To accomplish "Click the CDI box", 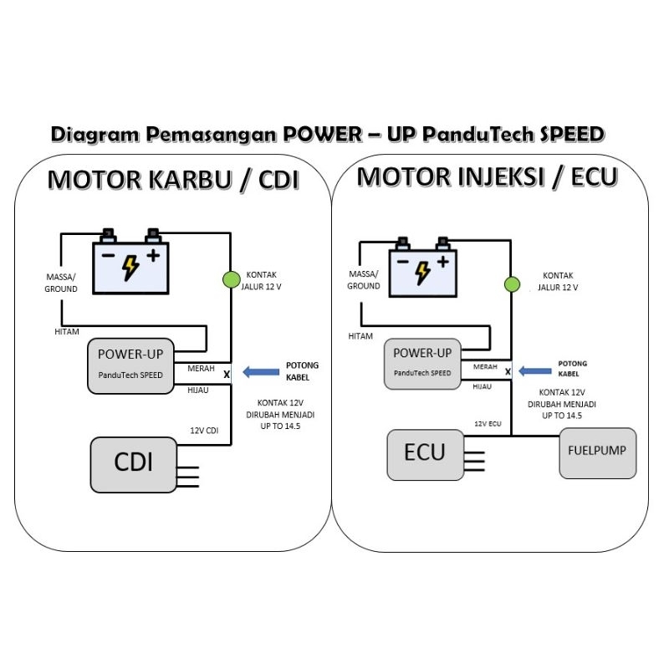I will tap(133, 462).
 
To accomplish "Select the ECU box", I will tap(425, 453).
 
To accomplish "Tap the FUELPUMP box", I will tap(598, 452).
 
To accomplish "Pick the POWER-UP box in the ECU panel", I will tap(422, 363).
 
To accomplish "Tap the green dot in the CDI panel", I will tap(231, 279).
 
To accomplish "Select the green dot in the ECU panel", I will tap(509, 285).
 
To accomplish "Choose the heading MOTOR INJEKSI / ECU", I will tap(488, 176).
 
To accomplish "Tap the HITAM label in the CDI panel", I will tap(66, 332).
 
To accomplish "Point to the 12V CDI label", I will tap(203, 431).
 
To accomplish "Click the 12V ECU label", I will tap(488, 424).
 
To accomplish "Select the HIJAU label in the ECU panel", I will tap(483, 387).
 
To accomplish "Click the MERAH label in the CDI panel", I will tap(201, 369).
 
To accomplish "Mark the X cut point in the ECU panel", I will tap(508, 371).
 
